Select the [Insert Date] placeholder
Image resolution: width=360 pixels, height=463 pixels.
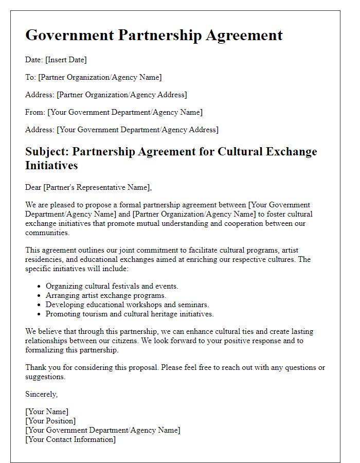66,60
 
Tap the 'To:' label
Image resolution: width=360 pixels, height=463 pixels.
31,77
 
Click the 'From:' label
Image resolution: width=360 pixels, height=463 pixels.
35,112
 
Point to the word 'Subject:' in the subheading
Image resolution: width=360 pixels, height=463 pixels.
47,152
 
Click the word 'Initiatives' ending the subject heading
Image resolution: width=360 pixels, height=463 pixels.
51,166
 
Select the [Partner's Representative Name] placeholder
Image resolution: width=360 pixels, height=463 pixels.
98,187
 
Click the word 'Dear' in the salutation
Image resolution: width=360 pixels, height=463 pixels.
33,187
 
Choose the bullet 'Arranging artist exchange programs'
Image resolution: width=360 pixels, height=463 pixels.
106,295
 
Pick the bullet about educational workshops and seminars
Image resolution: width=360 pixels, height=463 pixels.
127,305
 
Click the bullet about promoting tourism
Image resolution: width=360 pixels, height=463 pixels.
130,314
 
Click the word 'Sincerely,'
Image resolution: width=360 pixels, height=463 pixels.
42,394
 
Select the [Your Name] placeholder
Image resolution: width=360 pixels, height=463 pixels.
47,412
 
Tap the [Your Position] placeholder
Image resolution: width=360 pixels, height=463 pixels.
50,421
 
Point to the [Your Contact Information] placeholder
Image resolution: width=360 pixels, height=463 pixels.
70,439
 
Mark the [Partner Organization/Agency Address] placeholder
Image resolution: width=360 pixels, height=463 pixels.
122,95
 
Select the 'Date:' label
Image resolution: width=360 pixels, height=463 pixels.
34,60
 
